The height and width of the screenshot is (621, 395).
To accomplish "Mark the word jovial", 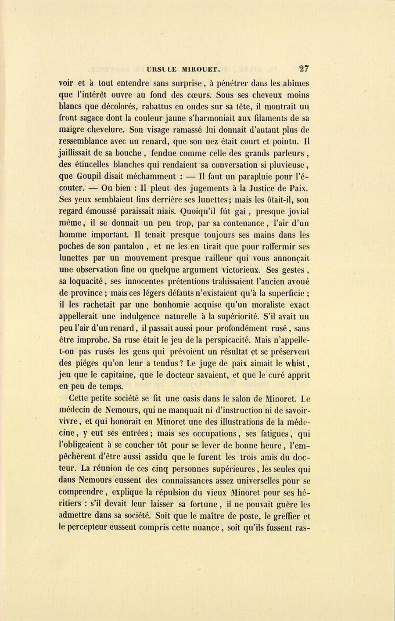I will (297, 212).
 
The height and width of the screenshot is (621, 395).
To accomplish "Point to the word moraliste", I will (256, 305).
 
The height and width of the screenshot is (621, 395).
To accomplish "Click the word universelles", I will (247, 480).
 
